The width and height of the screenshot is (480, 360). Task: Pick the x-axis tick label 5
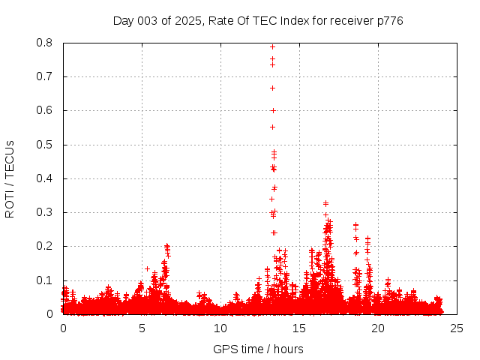click(x=142, y=328)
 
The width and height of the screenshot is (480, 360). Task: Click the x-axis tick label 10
click(x=220, y=328)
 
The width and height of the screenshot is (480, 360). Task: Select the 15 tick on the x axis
click(x=299, y=328)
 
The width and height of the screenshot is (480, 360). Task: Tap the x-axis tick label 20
click(x=378, y=328)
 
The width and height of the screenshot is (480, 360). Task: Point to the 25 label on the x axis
click(x=457, y=328)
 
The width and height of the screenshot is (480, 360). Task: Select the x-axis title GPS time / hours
click(x=258, y=349)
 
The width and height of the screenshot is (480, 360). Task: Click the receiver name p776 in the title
click(x=389, y=20)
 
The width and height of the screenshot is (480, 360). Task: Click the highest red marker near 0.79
click(x=272, y=46)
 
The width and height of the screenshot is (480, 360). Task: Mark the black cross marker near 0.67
click(x=272, y=88)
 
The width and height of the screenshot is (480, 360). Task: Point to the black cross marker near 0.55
click(x=272, y=127)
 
